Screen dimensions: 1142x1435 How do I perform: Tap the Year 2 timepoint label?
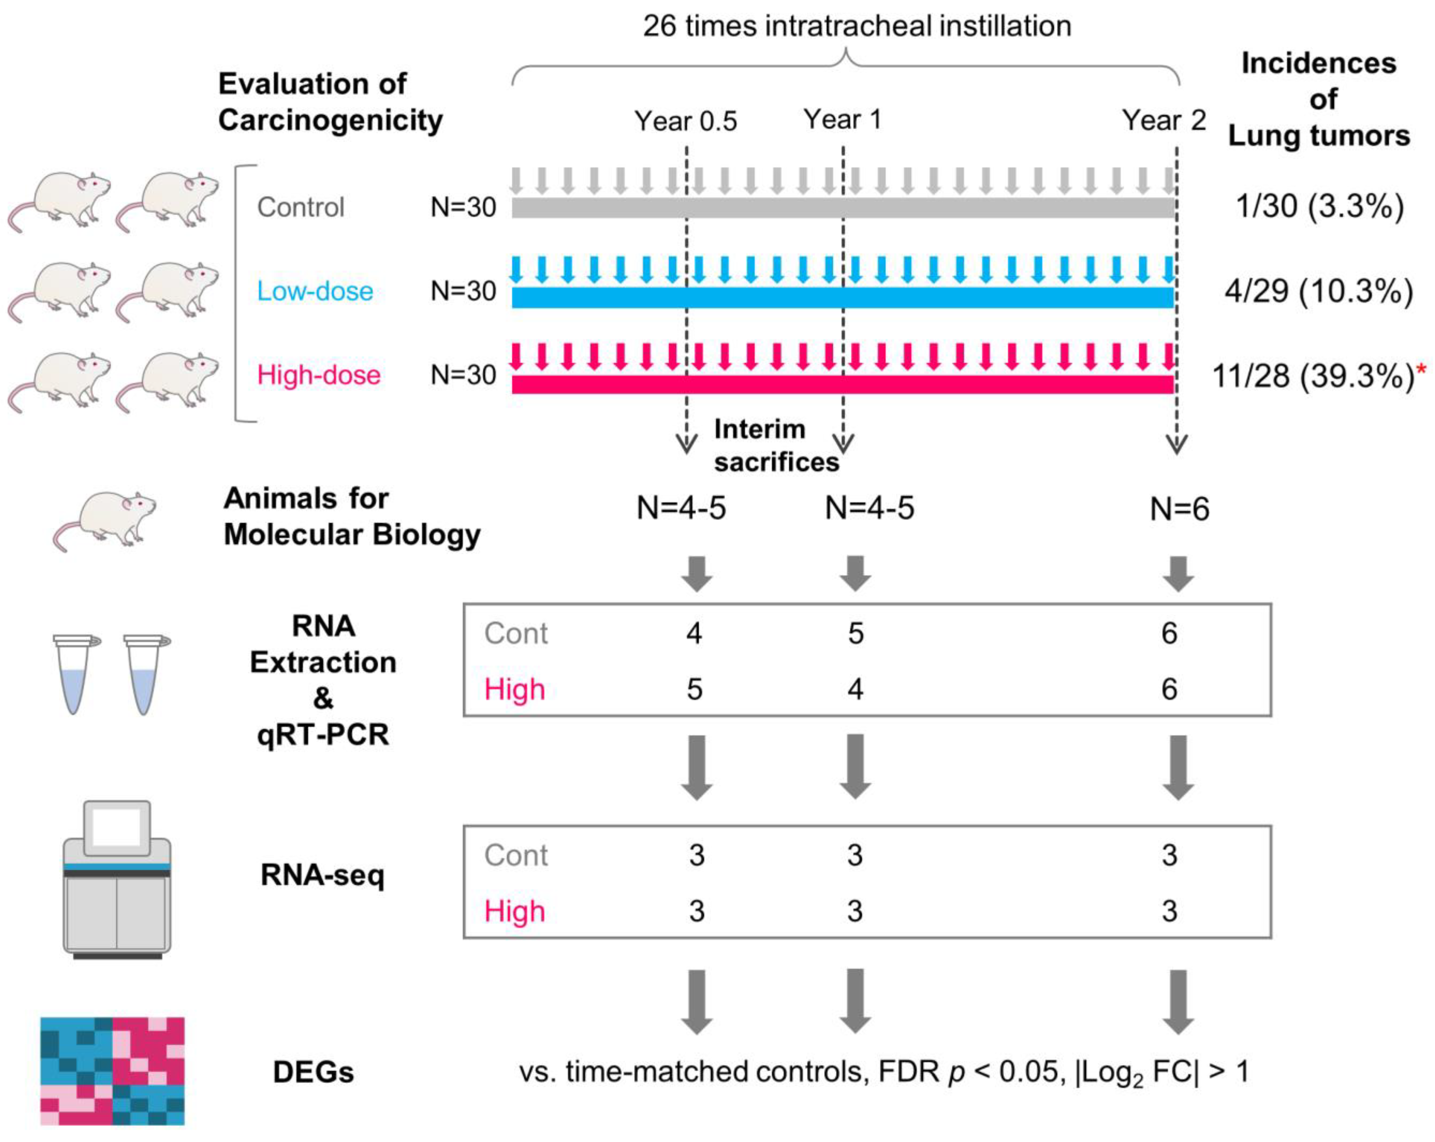[x=1164, y=121]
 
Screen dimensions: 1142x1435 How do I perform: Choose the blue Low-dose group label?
[x=315, y=291]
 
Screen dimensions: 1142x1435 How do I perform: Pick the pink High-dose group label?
[x=319, y=375]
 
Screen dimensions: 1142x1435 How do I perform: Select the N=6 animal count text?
[x=1179, y=509]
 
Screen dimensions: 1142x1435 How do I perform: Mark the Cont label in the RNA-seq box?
[x=516, y=855]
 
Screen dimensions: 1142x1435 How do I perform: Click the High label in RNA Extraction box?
[x=514, y=689]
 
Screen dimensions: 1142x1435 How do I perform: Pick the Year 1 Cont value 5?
[x=855, y=633]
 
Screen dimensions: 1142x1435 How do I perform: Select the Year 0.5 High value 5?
[x=694, y=689]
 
